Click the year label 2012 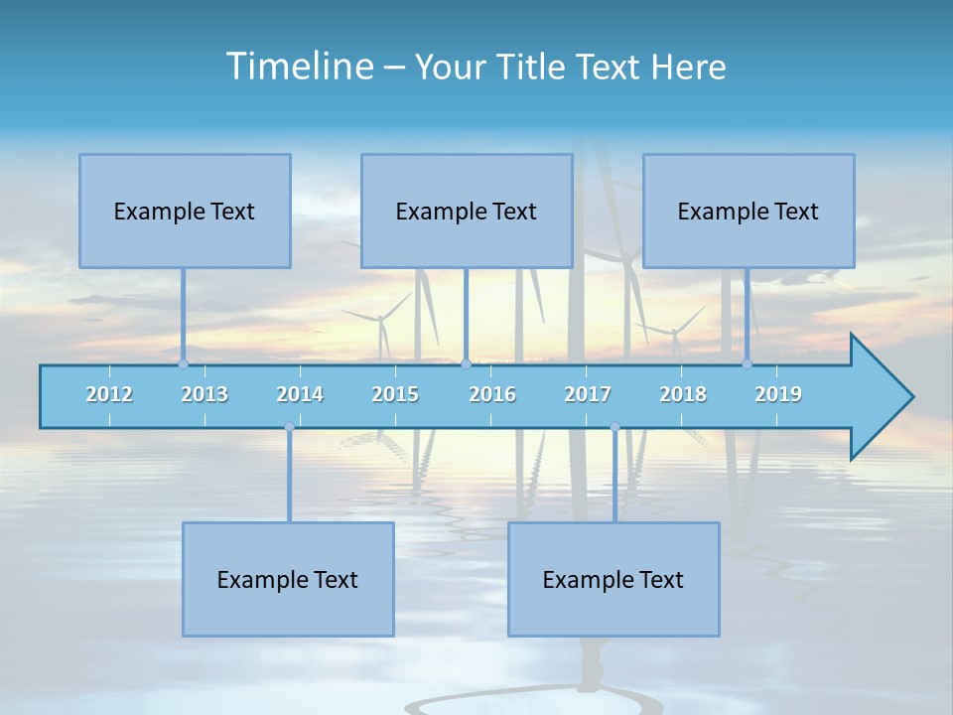(109, 394)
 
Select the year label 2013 (204, 394)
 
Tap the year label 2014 (300, 394)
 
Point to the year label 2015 (395, 394)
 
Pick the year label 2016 (492, 394)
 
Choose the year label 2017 (588, 394)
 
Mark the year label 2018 (683, 394)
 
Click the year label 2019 (778, 394)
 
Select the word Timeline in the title (298, 67)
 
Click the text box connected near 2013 (185, 211)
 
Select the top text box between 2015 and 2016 (467, 211)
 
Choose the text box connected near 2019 (749, 211)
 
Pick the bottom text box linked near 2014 (288, 579)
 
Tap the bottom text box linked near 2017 (613, 579)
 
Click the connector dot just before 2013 (183, 363)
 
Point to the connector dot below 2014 (289, 427)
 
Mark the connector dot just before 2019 (747, 363)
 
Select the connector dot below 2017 (614, 427)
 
